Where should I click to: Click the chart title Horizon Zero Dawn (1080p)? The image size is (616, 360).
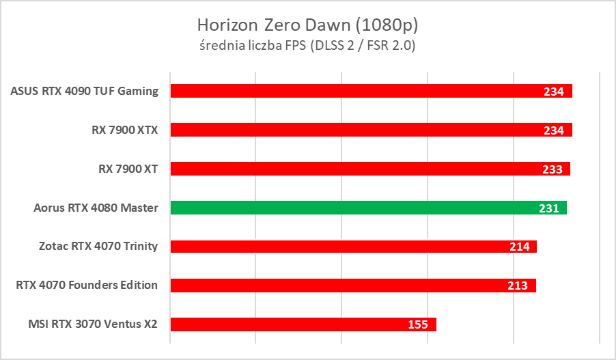point(307,25)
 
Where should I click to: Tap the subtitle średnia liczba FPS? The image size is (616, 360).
point(307,46)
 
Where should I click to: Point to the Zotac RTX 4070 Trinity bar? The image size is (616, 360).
point(341,247)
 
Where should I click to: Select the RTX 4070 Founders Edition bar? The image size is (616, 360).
point(341,286)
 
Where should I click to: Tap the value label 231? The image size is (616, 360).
point(549,208)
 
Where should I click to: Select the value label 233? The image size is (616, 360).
point(552,169)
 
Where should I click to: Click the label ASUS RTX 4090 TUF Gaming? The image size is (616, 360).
point(85,91)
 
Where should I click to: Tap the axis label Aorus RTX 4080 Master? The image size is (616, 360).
point(96,208)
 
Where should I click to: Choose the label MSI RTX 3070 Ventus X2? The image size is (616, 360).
point(94,324)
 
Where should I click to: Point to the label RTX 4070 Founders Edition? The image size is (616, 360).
point(87,286)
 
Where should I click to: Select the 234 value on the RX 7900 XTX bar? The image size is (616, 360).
point(554,130)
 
